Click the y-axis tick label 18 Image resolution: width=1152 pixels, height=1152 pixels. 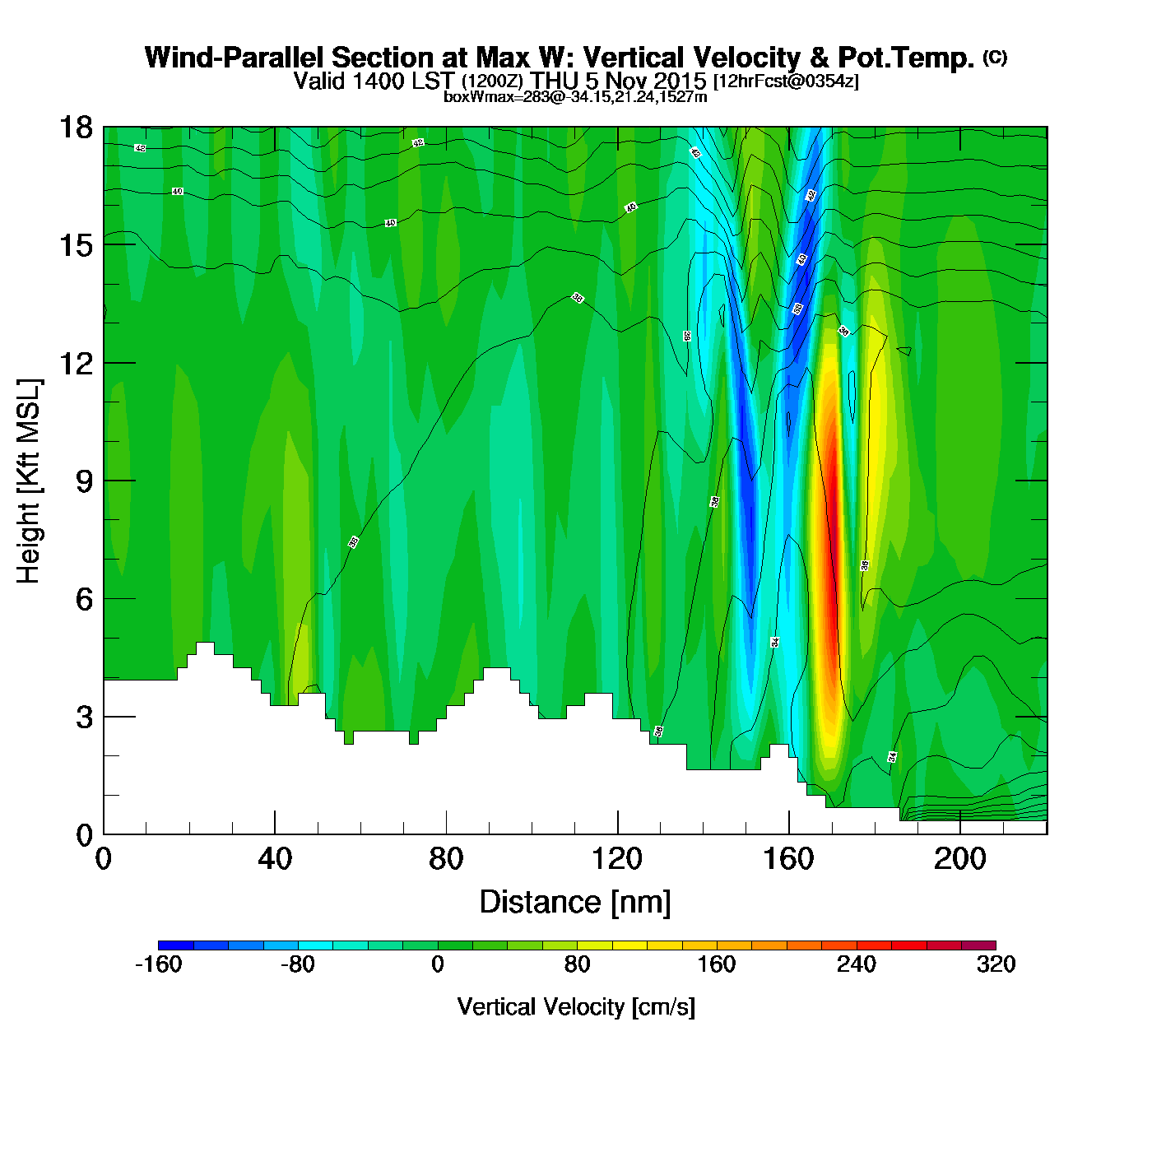click(x=75, y=128)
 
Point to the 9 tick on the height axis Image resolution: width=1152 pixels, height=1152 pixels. click(x=84, y=481)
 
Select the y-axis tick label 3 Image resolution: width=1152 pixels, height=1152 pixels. click(x=84, y=718)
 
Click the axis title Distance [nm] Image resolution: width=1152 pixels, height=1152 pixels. click(x=575, y=903)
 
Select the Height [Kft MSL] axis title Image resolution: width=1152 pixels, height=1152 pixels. click(x=29, y=481)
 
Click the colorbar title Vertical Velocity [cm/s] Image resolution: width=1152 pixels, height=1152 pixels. click(x=576, y=1007)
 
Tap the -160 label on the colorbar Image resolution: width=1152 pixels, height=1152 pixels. click(x=158, y=965)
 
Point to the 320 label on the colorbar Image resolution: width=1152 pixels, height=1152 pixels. click(x=996, y=965)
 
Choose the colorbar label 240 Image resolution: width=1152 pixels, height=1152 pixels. click(x=857, y=965)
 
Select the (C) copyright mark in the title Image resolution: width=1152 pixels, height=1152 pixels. click(x=995, y=57)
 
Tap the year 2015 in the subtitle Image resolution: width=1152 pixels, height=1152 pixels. click(x=680, y=81)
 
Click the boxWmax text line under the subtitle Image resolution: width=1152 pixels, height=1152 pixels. click(x=575, y=96)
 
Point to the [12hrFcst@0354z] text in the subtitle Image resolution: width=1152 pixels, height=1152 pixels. click(x=786, y=81)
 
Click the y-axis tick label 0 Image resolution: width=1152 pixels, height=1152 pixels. click(x=84, y=835)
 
